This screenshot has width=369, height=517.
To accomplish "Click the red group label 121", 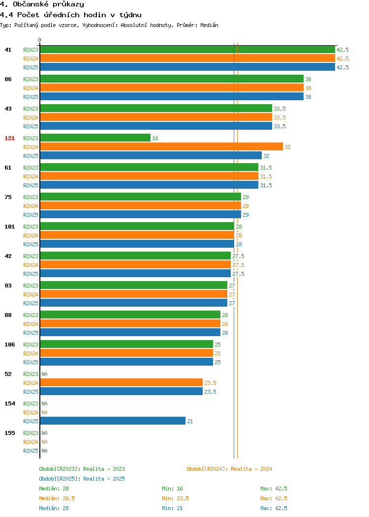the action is tap(9, 138).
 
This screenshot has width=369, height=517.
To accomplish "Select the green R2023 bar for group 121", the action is tap(95, 138).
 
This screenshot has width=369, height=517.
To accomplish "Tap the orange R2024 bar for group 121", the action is tap(162, 147).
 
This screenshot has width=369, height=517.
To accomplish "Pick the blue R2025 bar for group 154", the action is tap(113, 421).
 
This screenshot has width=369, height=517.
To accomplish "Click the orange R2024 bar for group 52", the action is tap(122, 382).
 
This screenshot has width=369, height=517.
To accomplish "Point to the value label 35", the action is tap(287, 147).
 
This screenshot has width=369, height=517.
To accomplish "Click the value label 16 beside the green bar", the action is tap(155, 138).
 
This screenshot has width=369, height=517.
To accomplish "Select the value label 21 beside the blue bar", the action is tap(190, 421).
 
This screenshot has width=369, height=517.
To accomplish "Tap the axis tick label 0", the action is tap(40, 40).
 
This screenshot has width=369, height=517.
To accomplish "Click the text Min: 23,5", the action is tap(175, 498).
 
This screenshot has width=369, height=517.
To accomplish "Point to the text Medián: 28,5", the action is tap(57, 498).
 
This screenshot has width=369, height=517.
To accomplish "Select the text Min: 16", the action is tap(172, 488).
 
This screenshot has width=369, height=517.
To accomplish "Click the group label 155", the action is tap(9, 433).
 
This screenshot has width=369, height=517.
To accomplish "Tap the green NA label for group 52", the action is tap(45, 374).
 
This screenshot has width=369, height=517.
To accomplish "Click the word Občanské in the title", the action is tap(31, 4).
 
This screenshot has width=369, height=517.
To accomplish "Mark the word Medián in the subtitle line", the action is tap(209, 25).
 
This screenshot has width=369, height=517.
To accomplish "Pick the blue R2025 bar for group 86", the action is tap(172, 96).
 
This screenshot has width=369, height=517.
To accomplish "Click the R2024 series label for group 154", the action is tap(31, 412).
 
